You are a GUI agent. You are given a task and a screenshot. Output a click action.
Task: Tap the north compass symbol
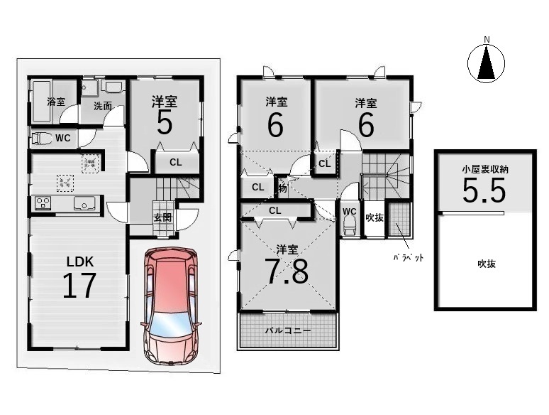tap(487, 62)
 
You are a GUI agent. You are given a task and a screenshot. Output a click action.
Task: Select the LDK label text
tap(80, 262)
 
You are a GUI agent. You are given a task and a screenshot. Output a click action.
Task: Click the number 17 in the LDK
tap(79, 286)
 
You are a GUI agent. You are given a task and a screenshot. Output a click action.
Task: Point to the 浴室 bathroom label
tap(56, 102)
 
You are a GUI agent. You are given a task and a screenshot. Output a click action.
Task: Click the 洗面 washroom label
tap(103, 106)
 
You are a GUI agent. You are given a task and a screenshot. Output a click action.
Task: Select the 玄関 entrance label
tap(163, 217)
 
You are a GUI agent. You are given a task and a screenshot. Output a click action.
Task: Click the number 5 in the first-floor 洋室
tap(165, 124)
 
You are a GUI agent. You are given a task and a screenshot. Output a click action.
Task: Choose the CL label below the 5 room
tap(176, 163)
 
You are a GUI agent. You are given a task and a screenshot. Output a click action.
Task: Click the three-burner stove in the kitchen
tap(43, 203)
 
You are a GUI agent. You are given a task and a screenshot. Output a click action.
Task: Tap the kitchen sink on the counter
tap(84, 203)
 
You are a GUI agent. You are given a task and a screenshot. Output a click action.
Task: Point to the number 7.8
tap(287, 271)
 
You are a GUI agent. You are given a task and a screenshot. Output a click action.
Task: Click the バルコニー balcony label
tap(288, 330)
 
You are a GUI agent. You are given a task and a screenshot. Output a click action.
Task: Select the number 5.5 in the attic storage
tap(484, 191)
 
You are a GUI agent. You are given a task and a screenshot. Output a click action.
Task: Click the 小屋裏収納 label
tap(485, 170)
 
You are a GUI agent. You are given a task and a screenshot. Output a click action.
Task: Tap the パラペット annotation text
tap(408, 258)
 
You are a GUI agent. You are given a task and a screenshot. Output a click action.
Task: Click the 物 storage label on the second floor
tap(282, 188)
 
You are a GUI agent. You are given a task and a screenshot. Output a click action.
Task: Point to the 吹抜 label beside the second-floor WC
tap(375, 217)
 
